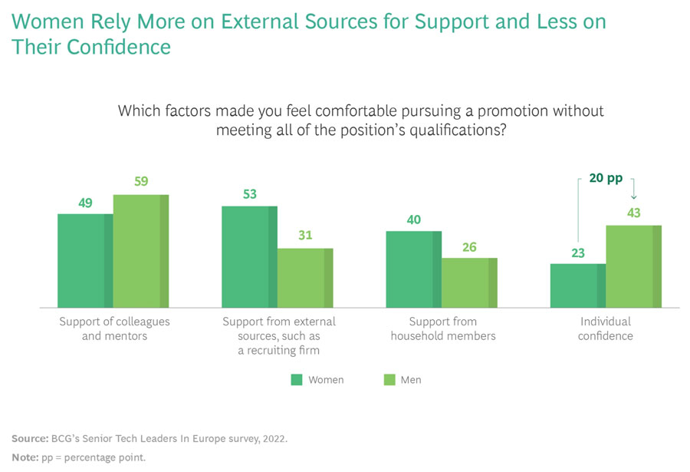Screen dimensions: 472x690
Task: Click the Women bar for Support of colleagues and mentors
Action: (85, 260)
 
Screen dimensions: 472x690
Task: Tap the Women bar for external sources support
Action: (249, 256)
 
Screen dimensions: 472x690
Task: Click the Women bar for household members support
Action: (413, 269)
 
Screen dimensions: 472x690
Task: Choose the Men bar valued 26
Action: (469, 282)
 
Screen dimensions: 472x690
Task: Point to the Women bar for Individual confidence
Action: (577, 286)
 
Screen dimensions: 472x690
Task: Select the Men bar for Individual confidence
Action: (633, 266)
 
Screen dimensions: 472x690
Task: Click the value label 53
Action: (249, 193)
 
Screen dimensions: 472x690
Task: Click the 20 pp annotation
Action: (606, 178)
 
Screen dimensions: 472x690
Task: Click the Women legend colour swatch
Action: (297, 380)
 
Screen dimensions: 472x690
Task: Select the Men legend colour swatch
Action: (389, 380)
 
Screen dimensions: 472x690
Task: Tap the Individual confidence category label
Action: (605, 328)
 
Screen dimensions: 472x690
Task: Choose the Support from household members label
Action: (442, 328)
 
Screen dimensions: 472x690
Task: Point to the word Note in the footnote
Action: (24, 457)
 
